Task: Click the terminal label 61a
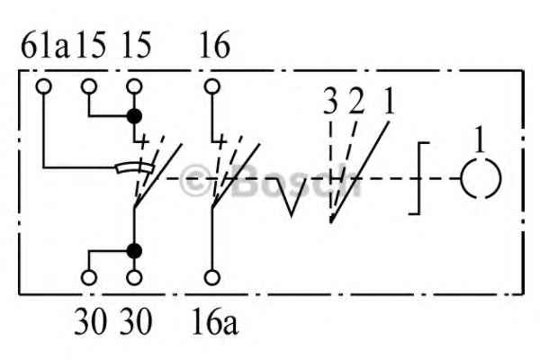click(45, 45)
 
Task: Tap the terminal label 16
click(214, 45)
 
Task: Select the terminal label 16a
click(215, 322)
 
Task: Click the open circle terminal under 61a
click(44, 86)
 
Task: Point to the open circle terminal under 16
click(212, 86)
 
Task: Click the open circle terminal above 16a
click(212, 278)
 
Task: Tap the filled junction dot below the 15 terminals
click(134, 116)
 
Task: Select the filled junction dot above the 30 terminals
click(134, 251)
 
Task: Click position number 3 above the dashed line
click(330, 103)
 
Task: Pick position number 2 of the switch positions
click(356, 103)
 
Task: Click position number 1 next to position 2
click(389, 103)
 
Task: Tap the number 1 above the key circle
click(480, 139)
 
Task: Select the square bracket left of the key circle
click(419, 178)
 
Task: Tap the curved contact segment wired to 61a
click(135, 166)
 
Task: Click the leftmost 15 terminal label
click(91, 45)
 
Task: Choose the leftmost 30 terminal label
click(90, 322)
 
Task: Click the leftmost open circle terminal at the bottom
click(89, 278)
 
